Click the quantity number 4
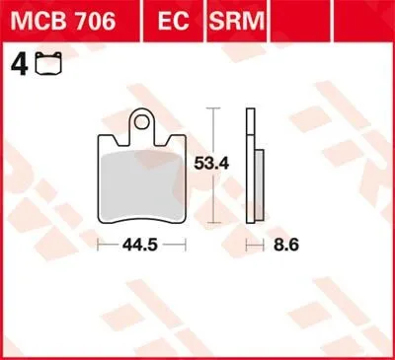(x=15, y=66)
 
